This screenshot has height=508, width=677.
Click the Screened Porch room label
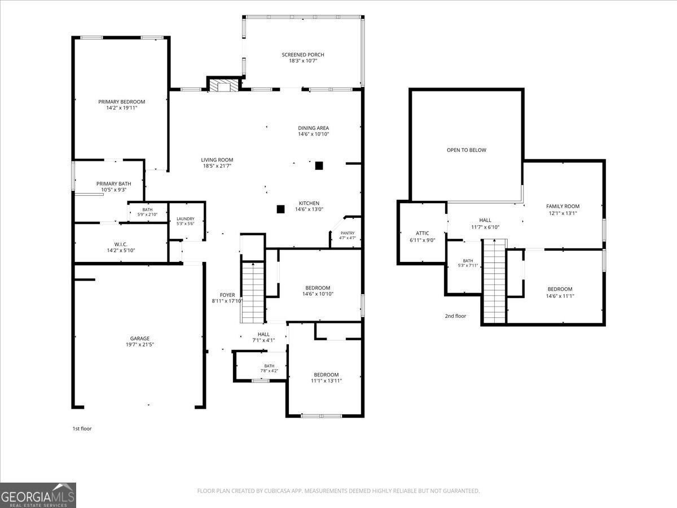(x=303, y=55)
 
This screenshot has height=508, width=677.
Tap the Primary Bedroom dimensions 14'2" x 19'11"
(x=121, y=108)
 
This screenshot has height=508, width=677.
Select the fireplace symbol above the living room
(x=223, y=85)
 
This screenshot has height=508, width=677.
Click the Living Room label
(x=217, y=160)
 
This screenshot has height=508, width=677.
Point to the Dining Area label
(x=313, y=128)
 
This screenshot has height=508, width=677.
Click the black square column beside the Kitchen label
(x=280, y=209)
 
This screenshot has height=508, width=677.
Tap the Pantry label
(x=348, y=233)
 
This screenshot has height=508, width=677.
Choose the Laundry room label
(x=186, y=218)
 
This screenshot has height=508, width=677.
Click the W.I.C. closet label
(x=121, y=244)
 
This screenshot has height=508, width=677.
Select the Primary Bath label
(x=114, y=184)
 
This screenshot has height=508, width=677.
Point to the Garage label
(x=140, y=338)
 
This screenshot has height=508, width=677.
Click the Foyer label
(x=227, y=295)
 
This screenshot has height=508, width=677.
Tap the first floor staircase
(x=253, y=292)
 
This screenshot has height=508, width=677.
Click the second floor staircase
(x=494, y=281)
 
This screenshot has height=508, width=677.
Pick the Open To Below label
(x=467, y=150)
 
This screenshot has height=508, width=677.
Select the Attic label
(x=422, y=233)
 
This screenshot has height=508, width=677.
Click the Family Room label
(x=562, y=207)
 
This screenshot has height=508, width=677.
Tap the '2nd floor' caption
(x=455, y=316)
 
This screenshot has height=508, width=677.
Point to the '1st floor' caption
(x=82, y=428)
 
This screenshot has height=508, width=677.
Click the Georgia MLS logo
(x=38, y=496)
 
